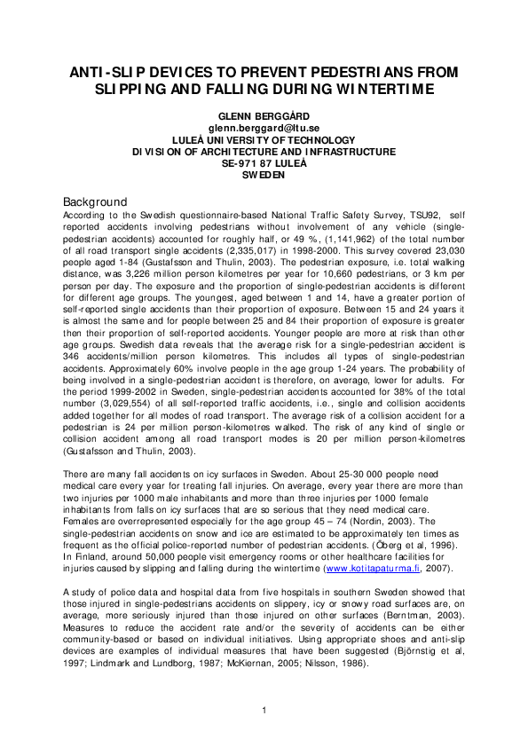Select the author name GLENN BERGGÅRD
[264, 116]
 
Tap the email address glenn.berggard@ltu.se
[264, 128]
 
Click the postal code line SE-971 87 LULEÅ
[264, 163]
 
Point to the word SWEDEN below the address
[264, 175]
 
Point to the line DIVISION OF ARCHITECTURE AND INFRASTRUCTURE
[264, 152]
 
